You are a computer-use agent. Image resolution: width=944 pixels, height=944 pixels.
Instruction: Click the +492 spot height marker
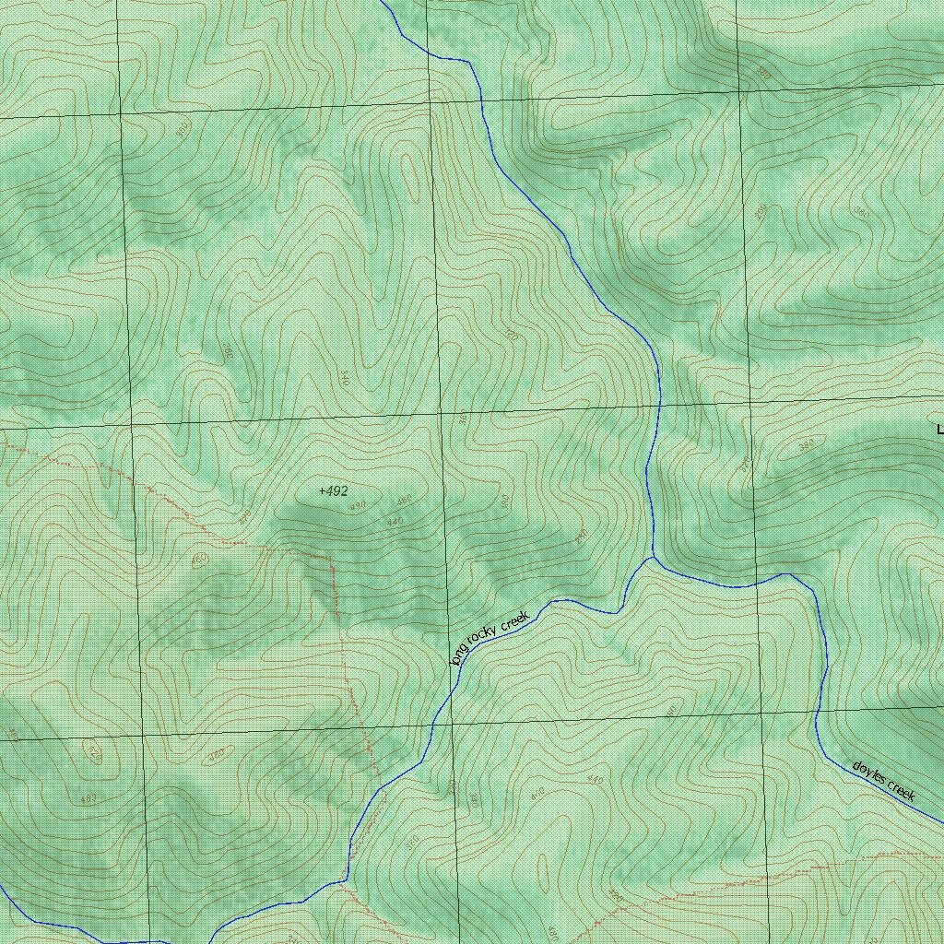pos(333,491)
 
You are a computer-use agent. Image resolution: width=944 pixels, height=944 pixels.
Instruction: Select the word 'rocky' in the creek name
pos(482,635)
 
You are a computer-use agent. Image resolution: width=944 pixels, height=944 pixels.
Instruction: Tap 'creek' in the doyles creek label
pos(901,791)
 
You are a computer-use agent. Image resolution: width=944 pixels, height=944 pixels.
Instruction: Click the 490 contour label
pos(358,505)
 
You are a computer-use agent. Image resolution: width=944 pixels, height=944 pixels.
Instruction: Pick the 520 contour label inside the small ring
pos(93,751)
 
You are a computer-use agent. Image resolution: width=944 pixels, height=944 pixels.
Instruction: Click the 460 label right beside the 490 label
pos(404,501)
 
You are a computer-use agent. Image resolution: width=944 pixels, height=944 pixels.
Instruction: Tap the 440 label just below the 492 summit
pos(395,522)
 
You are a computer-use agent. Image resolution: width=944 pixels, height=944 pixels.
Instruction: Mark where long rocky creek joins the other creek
pos(653,557)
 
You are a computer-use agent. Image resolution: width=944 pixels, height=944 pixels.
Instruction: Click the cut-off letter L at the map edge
pos(939,430)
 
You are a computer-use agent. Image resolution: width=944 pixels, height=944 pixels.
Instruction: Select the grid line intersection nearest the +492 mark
pos(442,414)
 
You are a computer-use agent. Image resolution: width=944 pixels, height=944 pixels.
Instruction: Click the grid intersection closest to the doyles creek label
pos(761,714)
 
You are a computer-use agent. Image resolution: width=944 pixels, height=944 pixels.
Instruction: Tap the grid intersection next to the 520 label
pos(143,737)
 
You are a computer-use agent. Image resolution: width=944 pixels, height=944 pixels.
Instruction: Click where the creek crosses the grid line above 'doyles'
pos(817,712)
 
